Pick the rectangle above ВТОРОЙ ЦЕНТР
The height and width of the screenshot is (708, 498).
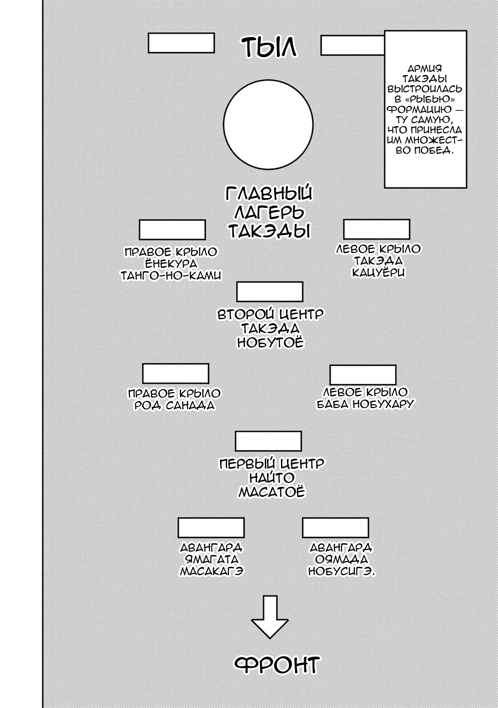(x=270, y=291)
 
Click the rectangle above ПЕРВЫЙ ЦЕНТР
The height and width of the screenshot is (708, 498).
(x=268, y=441)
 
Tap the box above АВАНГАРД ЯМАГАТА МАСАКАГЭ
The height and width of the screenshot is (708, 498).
(x=211, y=528)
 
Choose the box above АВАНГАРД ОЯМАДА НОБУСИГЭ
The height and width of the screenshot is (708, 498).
(x=335, y=528)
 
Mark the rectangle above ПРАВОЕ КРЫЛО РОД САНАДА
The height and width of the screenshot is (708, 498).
(x=176, y=373)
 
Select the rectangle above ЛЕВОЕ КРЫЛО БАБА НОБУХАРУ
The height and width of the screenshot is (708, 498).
(x=363, y=375)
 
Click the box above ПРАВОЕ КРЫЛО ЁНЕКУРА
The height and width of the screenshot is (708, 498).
(x=172, y=229)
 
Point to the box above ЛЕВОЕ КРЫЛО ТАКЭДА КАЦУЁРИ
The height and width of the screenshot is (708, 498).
(x=377, y=229)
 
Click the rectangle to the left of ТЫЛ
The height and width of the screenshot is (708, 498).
(x=181, y=43)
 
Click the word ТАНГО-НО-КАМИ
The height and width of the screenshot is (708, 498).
(x=171, y=275)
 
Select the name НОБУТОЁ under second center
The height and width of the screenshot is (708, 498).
(x=270, y=343)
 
